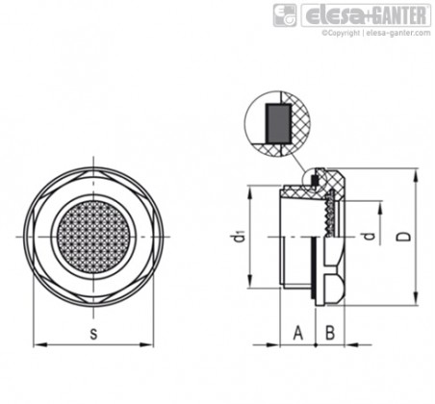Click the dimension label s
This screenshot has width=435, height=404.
(x=93, y=334)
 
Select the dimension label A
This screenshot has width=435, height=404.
(x=298, y=333)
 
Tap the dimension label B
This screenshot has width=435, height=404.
(x=330, y=333)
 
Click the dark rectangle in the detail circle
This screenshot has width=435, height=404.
(x=278, y=123)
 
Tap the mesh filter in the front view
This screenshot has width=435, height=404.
(x=93, y=237)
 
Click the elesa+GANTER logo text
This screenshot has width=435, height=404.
(x=367, y=15)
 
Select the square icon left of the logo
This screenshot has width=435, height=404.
(x=285, y=15)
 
